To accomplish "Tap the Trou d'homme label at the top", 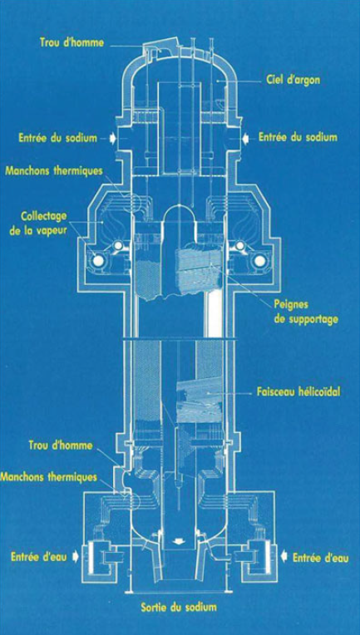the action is point(72,42).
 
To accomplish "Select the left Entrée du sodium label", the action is point(58,138).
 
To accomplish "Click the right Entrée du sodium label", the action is point(298,137).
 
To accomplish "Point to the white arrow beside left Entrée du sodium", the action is point(112,138).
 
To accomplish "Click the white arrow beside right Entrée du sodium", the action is point(245,138).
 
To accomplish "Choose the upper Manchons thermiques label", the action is point(54,170).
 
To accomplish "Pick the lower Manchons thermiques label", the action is point(48,477).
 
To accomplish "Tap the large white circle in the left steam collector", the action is point(97,262).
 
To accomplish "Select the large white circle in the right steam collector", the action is point(259,262).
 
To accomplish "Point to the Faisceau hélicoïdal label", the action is point(298,392).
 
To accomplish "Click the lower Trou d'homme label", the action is point(61,445).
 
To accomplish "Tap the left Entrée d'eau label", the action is point(39,557).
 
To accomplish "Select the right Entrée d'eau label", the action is point(321,558).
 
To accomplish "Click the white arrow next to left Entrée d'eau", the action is point(75,557).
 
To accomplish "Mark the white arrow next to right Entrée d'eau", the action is point(284,558).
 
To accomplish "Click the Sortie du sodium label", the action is point(179,607).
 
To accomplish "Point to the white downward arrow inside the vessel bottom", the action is point(180,541).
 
